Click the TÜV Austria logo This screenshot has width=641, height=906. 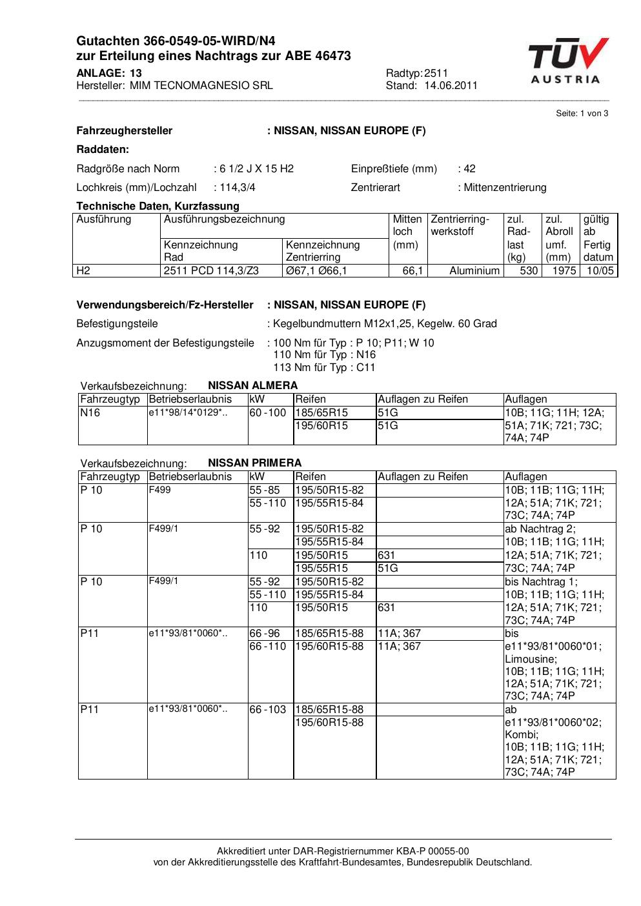pos(567,61)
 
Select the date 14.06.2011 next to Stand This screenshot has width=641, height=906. pos(451,85)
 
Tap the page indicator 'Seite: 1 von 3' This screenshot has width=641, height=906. pos(582,114)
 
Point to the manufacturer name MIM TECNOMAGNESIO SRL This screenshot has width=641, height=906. pos(201,85)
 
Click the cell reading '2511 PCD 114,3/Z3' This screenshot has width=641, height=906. pos(211,271)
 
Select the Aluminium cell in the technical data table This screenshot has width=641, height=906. pos(474,271)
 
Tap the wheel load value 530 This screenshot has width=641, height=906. pos(529,271)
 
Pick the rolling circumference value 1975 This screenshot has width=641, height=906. pos(564,271)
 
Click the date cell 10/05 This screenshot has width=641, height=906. pos(600,271)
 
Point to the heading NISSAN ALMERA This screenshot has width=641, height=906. pos(252,386)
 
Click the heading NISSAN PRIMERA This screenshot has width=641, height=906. pos(254,463)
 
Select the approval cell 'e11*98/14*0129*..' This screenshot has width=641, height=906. pos(188,412)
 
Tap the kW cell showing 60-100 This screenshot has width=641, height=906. pos(267,413)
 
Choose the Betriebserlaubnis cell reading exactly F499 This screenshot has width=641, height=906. pos(159,490)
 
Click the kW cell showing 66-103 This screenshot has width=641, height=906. pos(267,710)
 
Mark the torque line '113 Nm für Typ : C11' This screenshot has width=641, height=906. pos(324,368)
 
